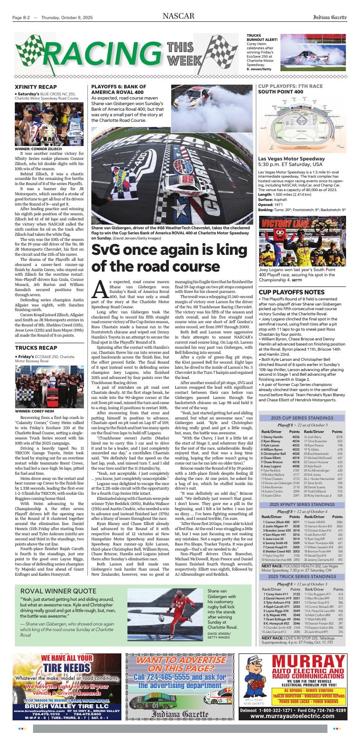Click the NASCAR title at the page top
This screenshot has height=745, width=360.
tap(179, 17)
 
